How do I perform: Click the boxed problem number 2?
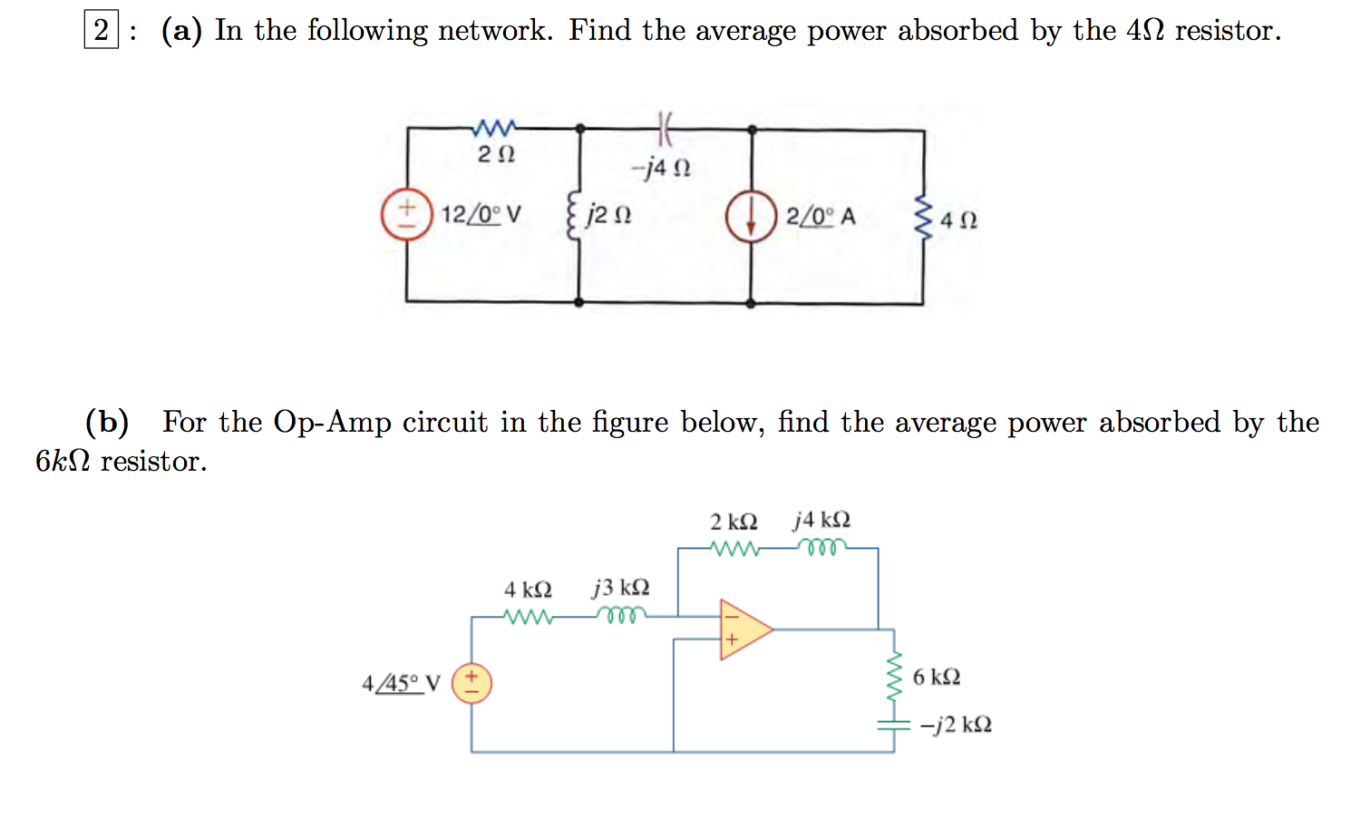pyautogui.click(x=101, y=30)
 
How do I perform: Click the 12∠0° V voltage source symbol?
pyautogui.click(x=407, y=215)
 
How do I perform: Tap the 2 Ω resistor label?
pyautogui.click(x=496, y=154)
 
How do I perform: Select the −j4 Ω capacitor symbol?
pyautogui.click(x=665, y=129)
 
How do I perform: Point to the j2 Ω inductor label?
pyautogui.click(x=608, y=215)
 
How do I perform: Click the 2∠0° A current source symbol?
pyautogui.click(x=751, y=217)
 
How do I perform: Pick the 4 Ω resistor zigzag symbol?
pyautogui.click(x=923, y=218)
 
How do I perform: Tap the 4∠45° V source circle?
pyautogui.click(x=471, y=684)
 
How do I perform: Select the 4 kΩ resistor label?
pyautogui.click(x=528, y=590)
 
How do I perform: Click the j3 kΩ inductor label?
pyautogui.click(x=621, y=587)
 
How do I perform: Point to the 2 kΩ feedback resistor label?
pyautogui.click(x=733, y=522)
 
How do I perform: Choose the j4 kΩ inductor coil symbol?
pyautogui.click(x=822, y=547)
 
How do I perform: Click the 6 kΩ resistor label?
pyautogui.click(x=936, y=677)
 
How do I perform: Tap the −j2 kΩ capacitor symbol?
pyautogui.click(x=893, y=725)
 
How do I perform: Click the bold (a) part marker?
pyautogui.click(x=181, y=30)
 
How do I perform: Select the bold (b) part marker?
pyautogui.click(x=107, y=422)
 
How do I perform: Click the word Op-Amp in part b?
pyautogui.click(x=332, y=422)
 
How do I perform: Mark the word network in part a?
pyautogui.click(x=494, y=30)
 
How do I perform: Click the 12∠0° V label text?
pyautogui.click(x=481, y=215)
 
